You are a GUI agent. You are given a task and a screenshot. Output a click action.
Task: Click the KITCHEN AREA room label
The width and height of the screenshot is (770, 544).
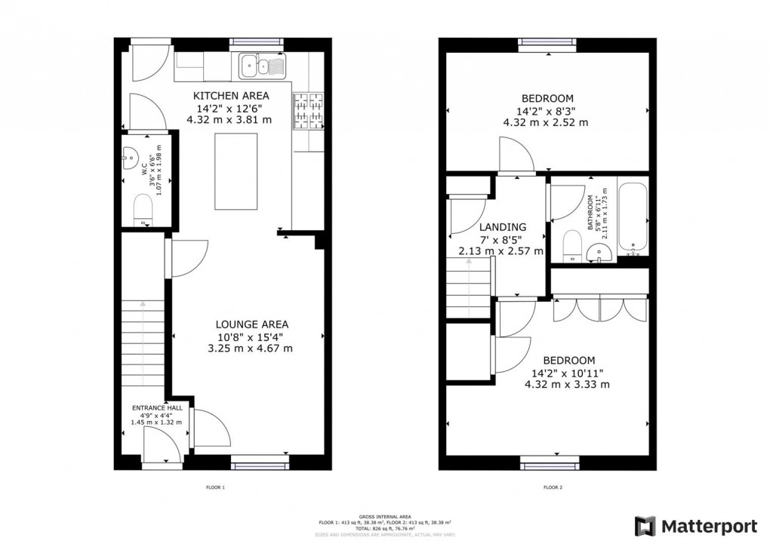point(232,96)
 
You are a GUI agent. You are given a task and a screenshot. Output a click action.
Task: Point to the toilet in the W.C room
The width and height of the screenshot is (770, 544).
point(142,209)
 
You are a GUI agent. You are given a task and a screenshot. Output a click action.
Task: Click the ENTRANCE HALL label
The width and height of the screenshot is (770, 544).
point(157,407)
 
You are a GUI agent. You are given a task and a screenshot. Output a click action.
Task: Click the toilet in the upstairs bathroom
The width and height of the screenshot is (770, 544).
point(572,245)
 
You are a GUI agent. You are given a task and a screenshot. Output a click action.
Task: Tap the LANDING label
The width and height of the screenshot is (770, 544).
point(502,227)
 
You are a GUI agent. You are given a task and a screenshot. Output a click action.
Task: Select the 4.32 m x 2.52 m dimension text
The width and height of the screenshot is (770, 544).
point(547,122)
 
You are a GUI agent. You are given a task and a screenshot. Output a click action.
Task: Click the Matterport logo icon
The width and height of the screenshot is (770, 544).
point(645,526)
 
